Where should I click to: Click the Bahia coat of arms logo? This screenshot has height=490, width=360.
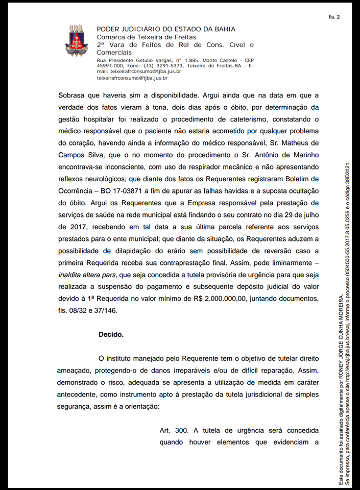pos(76,40)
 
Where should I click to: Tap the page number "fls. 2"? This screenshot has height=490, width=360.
pos(334,17)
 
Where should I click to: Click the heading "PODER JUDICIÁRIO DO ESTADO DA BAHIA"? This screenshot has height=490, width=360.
pos(166,30)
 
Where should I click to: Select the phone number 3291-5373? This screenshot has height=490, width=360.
pos(171,66)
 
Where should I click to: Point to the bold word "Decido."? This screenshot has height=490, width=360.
pos(111,335)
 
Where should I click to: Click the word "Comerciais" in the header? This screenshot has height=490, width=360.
pos(114,53)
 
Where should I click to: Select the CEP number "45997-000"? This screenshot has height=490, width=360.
pos(110,66)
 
